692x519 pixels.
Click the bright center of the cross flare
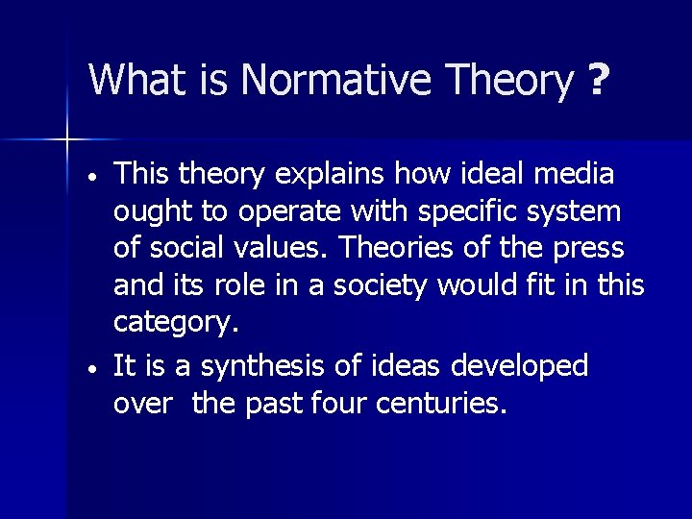click(x=67, y=140)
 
